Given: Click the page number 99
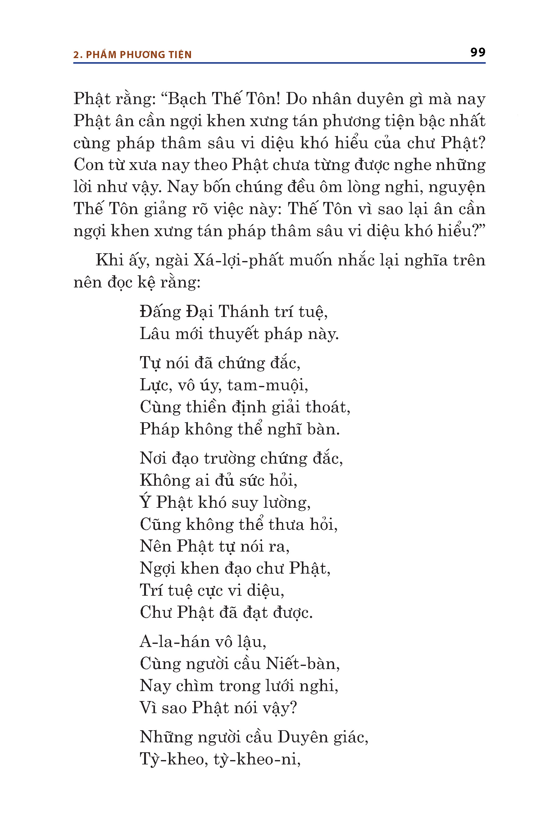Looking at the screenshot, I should point(477,53).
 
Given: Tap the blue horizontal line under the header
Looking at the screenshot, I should point(279,63).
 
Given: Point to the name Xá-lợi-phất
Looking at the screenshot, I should point(239,260).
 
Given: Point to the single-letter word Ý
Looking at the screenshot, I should point(145,502).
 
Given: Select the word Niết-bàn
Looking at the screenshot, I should point(302,664).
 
